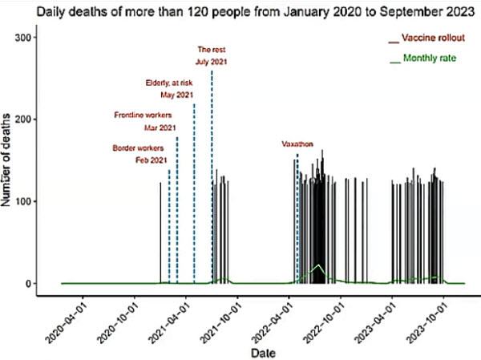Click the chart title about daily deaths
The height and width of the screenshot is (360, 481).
[x=240, y=12]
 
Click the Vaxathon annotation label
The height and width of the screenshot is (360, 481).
[x=296, y=144]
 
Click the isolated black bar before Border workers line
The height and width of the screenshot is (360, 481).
[x=160, y=233]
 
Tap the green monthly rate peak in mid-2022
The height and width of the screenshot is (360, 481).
[x=318, y=265]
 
